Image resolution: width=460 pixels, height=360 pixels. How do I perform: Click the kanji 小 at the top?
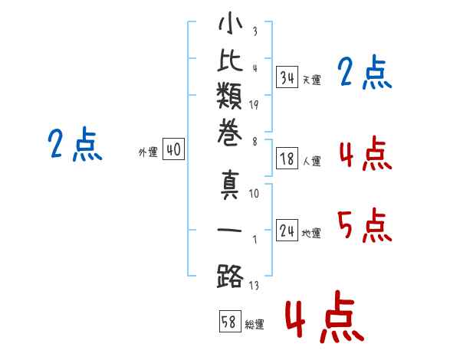pyautogui.click(x=230, y=23)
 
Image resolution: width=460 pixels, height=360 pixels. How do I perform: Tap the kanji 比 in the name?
pyautogui.click(x=230, y=61)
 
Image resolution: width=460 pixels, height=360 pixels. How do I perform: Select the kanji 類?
pyautogui.click(x=229, y=96)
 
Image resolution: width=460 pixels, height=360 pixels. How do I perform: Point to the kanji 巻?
pyautogui.click(x=230, y=133)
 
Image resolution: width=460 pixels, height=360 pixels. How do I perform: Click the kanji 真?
pyautogui.click(x=230, y=185)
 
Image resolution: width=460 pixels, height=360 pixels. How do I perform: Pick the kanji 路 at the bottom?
pyautogui.click(x=230, y=277)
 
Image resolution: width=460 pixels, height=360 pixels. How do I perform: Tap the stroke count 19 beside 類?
pyautogui.click(x=254, y=105)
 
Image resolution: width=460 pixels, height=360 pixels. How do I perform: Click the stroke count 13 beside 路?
pyautogui.click(x=254, y=285)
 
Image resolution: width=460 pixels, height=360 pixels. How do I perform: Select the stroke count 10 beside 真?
pyautogui.click(x=254, y=193)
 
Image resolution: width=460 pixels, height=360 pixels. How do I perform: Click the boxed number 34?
pyautogui.click(x=287, y=77)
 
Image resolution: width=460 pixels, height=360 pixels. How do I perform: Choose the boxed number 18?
pyautogui.click(x=287, y=159)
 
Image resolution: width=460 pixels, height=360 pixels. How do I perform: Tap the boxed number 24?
pyautogui.click(x=287, y=231)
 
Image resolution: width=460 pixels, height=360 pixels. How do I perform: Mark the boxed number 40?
pyautogui.click(x=174, y=149)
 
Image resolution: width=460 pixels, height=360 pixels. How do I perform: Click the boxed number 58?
pyautogui.click(x=230, y=321)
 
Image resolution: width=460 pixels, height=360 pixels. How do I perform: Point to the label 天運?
pyautogui.click(x=312, y=80)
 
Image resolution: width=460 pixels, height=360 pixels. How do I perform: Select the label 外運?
pyautogui.click(x=148, y=152)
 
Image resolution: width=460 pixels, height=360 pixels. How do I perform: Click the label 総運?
pyautogui.click(x=255, y=324)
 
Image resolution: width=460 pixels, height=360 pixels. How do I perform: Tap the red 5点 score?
pyautogui.click(x=365, y=225)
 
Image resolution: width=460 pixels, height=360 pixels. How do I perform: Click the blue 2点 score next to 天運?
pyautogui.click(x=365, y=72)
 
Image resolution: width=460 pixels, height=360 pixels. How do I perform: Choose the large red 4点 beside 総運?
pyautogui.click(x=325, y=317)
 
